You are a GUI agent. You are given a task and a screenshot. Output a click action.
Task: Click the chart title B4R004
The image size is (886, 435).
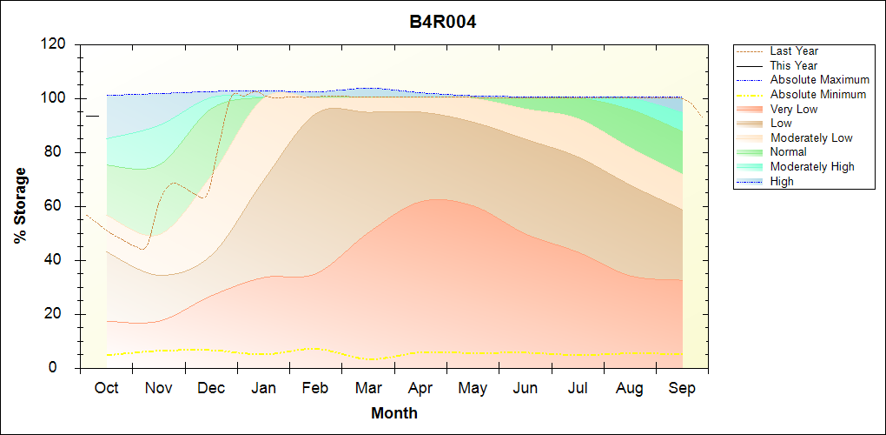443,22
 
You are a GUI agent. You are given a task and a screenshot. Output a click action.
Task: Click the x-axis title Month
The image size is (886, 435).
394,413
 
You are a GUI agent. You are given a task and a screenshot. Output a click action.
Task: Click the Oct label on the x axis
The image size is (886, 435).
106,388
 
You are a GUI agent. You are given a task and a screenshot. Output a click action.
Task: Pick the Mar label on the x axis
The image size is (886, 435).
368,388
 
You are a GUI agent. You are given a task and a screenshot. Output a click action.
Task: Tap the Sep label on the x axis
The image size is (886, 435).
682,388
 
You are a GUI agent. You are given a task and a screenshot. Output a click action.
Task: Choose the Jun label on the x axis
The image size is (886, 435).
526,388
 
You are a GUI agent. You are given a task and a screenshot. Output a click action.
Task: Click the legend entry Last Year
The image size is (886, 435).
794,51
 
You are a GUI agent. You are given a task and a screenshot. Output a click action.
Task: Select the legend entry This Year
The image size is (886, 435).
794,65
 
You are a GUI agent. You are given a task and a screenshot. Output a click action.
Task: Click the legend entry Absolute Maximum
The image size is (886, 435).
819,80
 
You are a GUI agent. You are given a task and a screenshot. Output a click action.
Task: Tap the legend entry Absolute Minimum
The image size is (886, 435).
817,94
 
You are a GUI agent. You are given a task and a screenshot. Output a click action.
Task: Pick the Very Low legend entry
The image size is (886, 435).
793,109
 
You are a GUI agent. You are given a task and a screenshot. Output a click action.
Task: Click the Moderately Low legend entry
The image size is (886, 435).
811,137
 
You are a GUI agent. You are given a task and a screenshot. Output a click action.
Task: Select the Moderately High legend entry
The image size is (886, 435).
812,166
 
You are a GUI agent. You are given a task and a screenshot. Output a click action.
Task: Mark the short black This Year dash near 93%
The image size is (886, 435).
93,116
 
